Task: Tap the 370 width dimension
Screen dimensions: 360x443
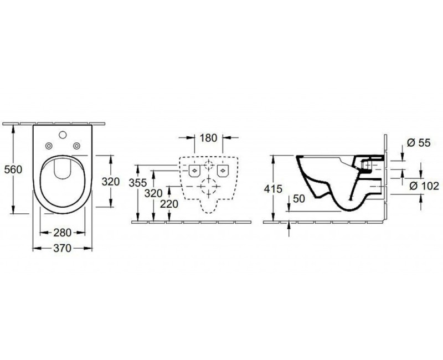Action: point(62,249)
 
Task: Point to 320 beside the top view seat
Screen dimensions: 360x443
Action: point(111,181)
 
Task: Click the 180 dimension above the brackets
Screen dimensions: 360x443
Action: point(208,137)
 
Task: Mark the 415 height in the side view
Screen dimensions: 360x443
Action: point(275,189)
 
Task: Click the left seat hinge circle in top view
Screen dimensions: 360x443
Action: point(48,146)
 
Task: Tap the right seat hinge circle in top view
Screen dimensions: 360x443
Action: point(77,146)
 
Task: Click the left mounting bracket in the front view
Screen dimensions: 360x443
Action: point(194,169)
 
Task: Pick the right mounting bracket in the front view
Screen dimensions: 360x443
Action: point(223,169)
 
